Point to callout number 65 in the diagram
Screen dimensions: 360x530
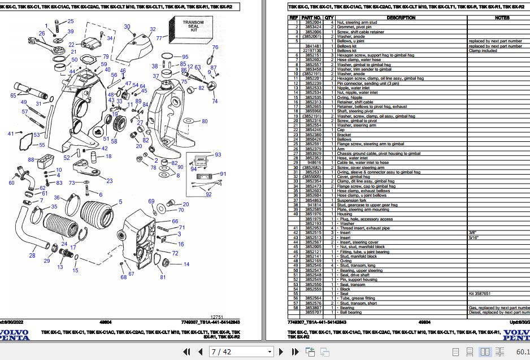pos(13,96)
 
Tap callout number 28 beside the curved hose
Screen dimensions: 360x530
pos(32,256)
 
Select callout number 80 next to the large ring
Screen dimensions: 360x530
pos(205,122)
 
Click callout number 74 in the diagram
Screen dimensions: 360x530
pos(214,101)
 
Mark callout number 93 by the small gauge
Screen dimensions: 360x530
pos(218,154)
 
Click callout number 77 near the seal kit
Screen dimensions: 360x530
pos(159,38)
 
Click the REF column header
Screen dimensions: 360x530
pos(293,18)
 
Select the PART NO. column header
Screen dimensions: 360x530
pos(314,18)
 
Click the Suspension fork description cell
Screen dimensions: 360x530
pos(351,200)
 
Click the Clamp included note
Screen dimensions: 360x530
pos(483,50)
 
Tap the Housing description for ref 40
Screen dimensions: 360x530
pos(344,214)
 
